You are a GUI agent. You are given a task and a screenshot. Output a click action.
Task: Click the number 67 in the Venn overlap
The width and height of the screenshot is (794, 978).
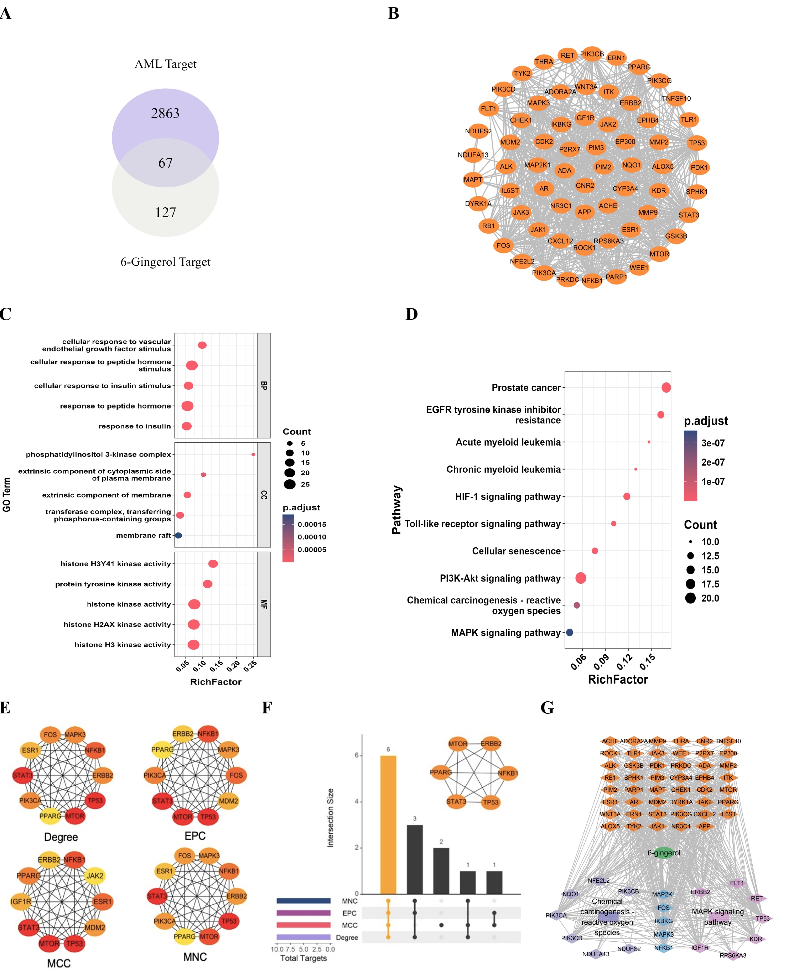click(x=165, y=163)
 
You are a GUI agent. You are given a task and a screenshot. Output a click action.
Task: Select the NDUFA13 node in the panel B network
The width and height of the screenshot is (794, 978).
click(x=473, y=155)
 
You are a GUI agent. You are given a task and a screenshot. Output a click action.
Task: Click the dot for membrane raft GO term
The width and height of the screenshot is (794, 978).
click(x=178, y=535)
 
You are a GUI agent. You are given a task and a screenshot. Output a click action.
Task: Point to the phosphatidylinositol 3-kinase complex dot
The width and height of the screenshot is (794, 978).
click(x=253, y=454)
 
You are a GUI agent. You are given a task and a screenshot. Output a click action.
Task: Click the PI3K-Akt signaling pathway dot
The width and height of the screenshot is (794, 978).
click(x=580, y=578)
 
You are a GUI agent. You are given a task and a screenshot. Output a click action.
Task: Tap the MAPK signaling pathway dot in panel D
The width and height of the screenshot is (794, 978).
click(x=570, y=632)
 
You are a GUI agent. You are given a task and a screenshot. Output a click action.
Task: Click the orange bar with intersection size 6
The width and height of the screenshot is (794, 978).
click(x=388, y=825)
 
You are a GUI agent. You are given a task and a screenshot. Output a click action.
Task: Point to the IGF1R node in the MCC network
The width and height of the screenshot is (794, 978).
click(x=21, y=902)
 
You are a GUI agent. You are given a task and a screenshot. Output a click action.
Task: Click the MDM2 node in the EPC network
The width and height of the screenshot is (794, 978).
click(x=228, y=801)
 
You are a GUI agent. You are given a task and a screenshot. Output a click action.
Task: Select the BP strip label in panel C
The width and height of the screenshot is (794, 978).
click(x=264, y=385)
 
